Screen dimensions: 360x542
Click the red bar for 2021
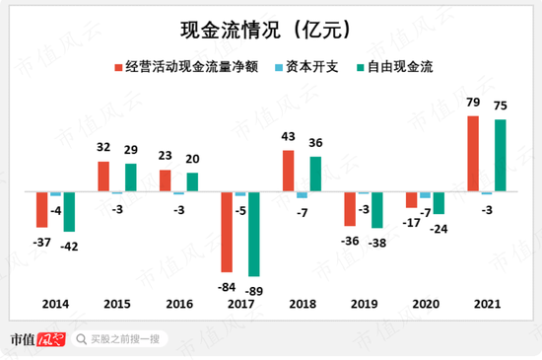(473, 154)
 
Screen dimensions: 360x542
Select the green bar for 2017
(253, 234)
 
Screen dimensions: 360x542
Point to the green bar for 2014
(69, 212)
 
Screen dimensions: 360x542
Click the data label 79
(473, 103)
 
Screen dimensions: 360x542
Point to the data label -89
(255, 290)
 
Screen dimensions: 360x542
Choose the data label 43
(289, 137)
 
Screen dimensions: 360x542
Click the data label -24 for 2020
(439, 228)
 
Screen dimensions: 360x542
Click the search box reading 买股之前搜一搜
(123, 339)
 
